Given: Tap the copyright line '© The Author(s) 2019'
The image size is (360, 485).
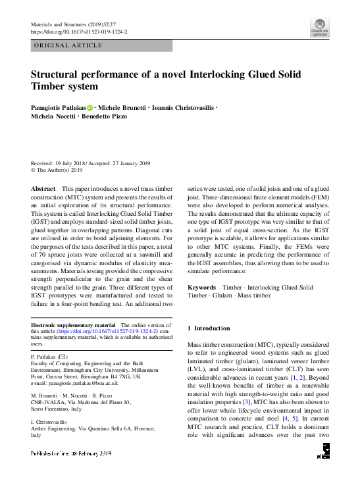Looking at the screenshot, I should pyautogui.click(x=61, y=170).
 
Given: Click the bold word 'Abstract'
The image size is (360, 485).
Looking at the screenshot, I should pyautogui.click(x=43, y=189).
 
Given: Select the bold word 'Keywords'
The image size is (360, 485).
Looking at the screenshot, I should pyautogui.click(x=202, y=288).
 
